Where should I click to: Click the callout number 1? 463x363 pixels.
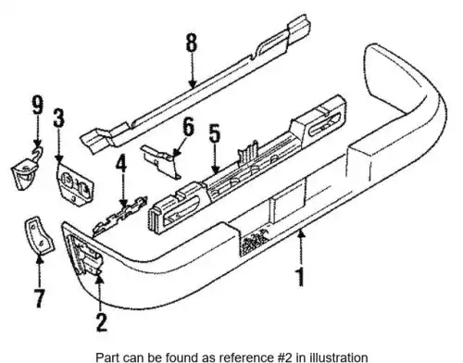coord(300,277)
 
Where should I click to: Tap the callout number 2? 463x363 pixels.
coord(101,322)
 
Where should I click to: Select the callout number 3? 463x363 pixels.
coord(59,118)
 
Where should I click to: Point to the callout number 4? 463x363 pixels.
coord(121,164)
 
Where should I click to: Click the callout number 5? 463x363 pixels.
coord(215,133)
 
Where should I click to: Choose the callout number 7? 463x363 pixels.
coord(39,298)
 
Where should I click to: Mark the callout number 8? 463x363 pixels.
coord(192,43)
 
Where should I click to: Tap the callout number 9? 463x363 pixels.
coord(37,105)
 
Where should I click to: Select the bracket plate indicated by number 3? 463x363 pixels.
coord(74,184)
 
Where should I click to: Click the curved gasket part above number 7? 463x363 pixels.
coord(38,236)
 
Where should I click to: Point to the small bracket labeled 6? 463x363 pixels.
coord(162,161)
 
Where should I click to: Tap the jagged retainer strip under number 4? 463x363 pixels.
coord(119,216)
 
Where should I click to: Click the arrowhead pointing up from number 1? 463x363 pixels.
coord(301,235)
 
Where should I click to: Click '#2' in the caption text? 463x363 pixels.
coord(284,357)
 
